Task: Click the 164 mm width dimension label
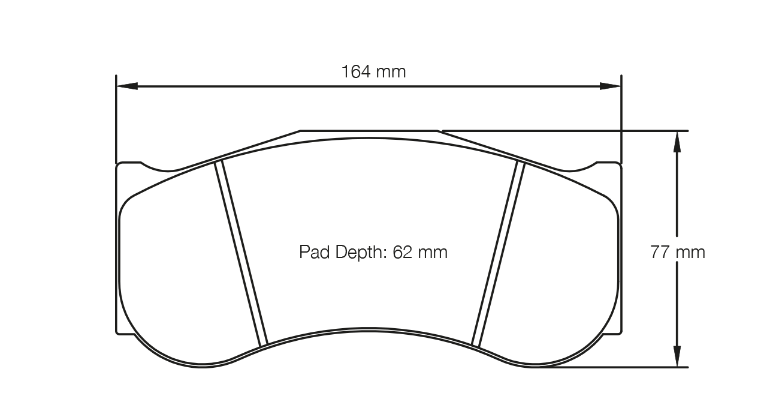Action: (373, 72)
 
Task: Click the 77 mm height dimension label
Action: (677, 252)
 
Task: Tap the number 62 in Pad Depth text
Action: (402, 252)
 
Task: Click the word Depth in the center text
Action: (357, 252)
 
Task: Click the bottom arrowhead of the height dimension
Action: (677, 357)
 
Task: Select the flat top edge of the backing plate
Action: (369, 130)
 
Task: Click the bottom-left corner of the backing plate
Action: (117, 332)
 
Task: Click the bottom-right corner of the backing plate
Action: (620, 332)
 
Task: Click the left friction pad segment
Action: (180, 270)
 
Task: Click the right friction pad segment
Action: (557, 270)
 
